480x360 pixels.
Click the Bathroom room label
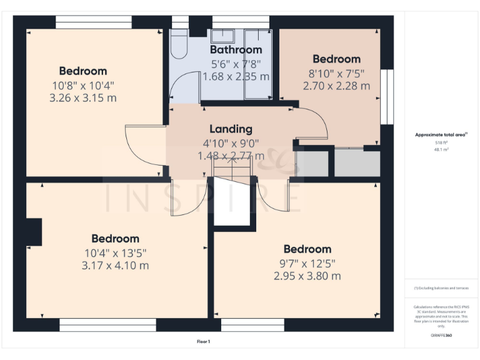236,49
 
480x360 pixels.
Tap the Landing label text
231,129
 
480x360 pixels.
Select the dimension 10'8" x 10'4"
83,85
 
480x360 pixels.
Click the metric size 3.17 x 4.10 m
115,266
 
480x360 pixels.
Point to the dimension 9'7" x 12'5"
307,263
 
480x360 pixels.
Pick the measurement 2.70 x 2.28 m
336,86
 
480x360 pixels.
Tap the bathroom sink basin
222,35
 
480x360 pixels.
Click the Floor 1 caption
204,341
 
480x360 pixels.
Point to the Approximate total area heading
441,134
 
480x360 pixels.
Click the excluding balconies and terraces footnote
441,288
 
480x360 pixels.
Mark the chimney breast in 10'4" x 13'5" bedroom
34,232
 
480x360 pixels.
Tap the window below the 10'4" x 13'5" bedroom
107,324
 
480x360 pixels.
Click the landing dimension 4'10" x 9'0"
231,143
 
